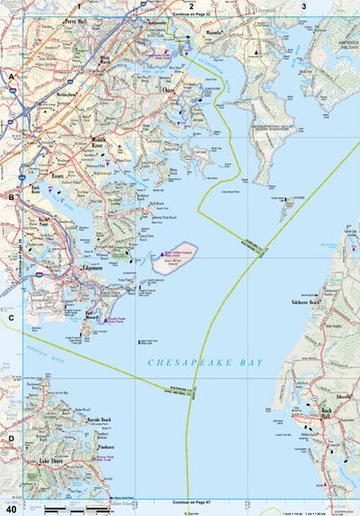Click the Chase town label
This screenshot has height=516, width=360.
167,91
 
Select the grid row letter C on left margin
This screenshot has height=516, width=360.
12,317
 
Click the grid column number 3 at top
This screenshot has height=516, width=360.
303,6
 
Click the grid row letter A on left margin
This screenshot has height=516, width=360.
12,77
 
